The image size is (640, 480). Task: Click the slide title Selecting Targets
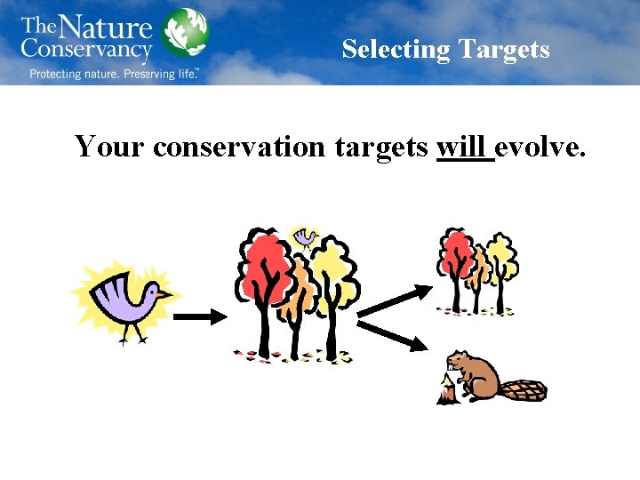445,49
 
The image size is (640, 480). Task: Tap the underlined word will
464,145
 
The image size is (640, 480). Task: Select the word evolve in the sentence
540,145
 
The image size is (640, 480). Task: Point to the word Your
110,145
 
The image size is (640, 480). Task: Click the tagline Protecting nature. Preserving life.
114,74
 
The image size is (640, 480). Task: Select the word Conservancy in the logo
87,49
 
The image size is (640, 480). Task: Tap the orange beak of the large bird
164,292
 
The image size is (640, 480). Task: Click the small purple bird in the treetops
306,236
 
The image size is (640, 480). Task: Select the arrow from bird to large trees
199,316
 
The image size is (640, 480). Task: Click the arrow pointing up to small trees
396,300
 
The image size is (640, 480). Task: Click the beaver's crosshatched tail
522,389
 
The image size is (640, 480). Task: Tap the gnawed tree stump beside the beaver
446,391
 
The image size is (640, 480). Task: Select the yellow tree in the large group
333,267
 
